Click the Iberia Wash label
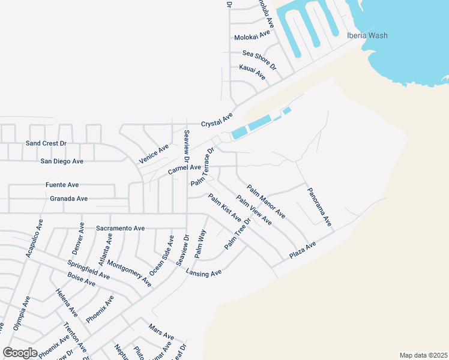point(367,35)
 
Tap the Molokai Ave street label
point(253,36)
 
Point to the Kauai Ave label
point(252,73)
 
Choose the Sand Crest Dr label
point(46,144)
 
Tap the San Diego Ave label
point(61,161)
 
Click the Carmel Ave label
point(184,170)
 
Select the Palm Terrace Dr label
point(202,167)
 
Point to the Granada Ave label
point(69,199)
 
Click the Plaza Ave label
point(302,251)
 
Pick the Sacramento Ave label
point(121,229)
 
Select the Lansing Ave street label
point(204,272)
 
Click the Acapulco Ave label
point(34,239)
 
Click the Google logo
point(20,352)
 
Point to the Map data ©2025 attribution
point(423,355)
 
